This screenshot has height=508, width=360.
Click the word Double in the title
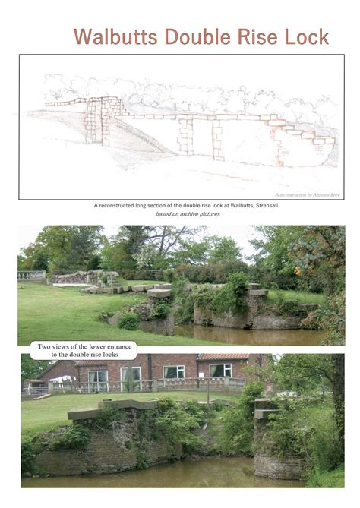(201, 36)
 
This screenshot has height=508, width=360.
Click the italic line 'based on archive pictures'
(188, 214)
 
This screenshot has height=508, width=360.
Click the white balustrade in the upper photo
(31, 276)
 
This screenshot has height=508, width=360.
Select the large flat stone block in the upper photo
(159, 292)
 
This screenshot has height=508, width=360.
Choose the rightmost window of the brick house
(219, 371)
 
